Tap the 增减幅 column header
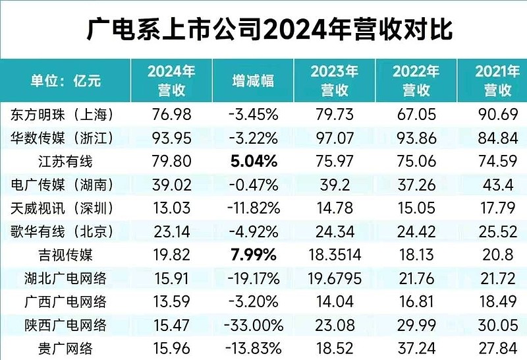[x=253, y=80]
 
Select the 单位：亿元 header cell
[x=65, y=80]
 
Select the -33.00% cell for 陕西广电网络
[x=253, y=326]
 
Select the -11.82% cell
[x=253, y=208]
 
